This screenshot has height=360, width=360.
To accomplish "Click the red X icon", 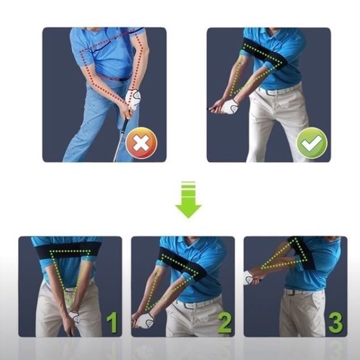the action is click(x=141, y=143).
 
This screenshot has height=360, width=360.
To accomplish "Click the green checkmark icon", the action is click(x=312, y=143).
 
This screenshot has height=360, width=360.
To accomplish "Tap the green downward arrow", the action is click(x=188, y=200).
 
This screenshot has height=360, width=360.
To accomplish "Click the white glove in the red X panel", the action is click(x=133, y=99).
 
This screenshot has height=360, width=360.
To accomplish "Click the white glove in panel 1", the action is click(x=74, y=316).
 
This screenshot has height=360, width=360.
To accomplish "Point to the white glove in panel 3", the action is click(x=249, y=277).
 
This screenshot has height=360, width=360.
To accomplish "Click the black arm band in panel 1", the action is click(x=69, y=251).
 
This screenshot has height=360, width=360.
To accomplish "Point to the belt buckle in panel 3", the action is click(x=289, y=293).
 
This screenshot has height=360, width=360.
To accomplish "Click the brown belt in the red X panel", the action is click(x=115, y=78).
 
